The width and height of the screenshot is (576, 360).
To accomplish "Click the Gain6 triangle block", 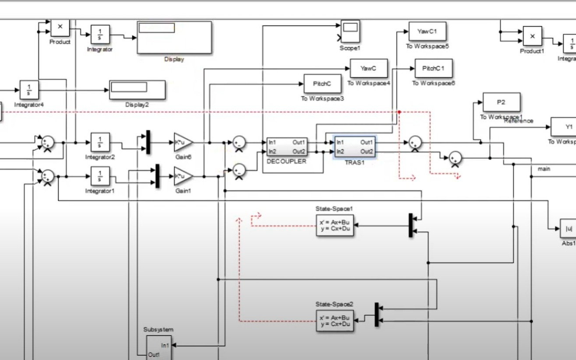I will (x=183, y=143).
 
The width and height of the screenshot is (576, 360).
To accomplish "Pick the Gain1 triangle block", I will (x=183, y=176).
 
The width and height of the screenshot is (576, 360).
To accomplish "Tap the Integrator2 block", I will (x=100, y=142).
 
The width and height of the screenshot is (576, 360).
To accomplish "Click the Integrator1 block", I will (x=100, y=176).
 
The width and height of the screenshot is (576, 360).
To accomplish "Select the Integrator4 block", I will (x=29, y=90).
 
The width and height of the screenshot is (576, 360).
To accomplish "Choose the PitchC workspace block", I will (x=322, y=84).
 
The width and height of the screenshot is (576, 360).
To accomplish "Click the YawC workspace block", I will (x=369, y=68).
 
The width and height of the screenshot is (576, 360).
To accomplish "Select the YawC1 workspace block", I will (x=427, y=31).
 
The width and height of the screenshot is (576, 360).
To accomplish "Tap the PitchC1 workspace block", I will (x=433, y=69).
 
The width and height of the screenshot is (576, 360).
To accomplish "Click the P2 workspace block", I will (x=501, y=102).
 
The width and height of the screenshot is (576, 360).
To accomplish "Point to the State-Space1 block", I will (x=334, y=225).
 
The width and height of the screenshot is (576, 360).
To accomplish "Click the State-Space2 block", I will (x=334, y=321).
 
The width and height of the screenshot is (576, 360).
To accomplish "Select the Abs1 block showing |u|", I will (x=569, y=228).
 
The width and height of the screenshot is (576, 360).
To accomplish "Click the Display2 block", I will (x=137, y=90).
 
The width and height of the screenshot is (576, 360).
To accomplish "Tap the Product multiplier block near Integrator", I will (x=60, y=28).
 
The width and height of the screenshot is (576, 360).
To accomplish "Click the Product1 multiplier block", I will (x=532, y=36).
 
